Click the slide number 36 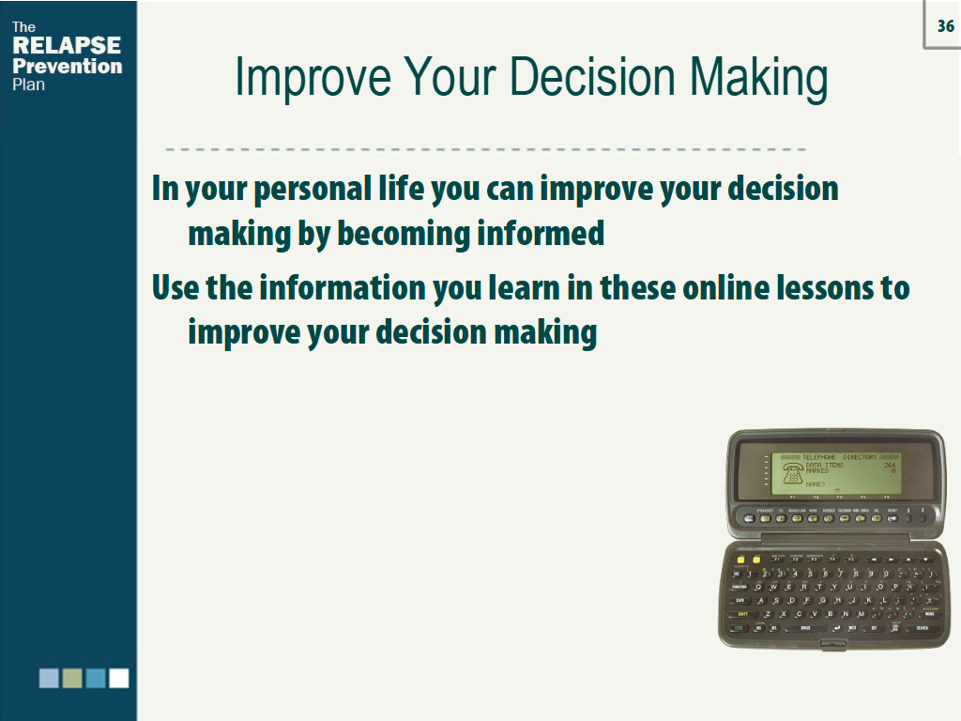pos(945,26)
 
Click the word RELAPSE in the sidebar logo pos(67,46)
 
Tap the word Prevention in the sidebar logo pos(67,67)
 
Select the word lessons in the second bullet pos(826,287)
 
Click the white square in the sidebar pos(118,678)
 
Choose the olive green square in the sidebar pos(72,678)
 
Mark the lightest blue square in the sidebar pos(49,678)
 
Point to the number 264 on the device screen pos(889,465)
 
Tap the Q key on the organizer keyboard pos(759,586)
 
